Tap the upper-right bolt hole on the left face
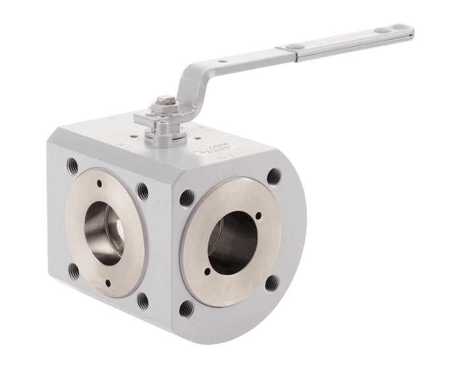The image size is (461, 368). [142, 191]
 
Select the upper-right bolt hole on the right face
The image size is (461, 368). [272, 176]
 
